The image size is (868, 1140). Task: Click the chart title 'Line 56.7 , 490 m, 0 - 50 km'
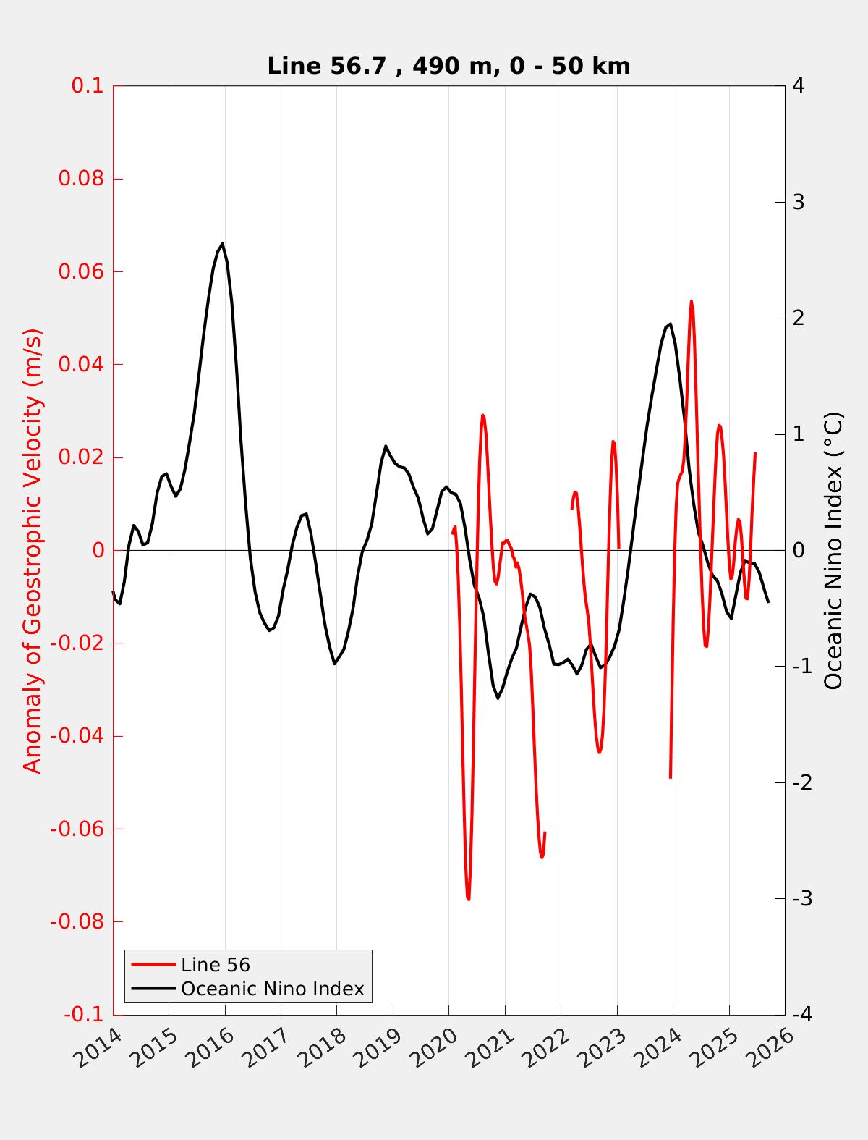coord(448,66)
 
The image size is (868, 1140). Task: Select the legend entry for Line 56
coord(215,965)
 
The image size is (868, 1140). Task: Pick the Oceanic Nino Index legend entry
coord(272,989)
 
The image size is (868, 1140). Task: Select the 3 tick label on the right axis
coord(799,202)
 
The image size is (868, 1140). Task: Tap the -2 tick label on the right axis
coord(801,782)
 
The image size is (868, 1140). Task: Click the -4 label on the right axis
coord(801,1015)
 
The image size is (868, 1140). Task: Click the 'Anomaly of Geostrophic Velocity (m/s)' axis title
coord(33,550)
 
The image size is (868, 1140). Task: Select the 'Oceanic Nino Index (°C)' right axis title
coord(833,550)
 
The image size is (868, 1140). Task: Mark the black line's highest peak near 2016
coord(222,244)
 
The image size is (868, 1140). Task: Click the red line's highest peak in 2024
coord(691,302)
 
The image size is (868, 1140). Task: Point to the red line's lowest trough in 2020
coord(469,899)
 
